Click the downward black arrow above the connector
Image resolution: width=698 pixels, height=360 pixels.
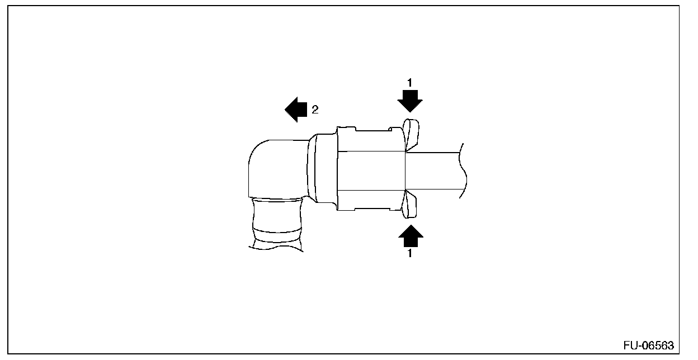click(x=409, y=102)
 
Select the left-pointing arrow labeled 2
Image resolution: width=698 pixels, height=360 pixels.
click(x=296, y=110)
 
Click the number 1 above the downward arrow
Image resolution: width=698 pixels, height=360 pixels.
click(x=409, y=83)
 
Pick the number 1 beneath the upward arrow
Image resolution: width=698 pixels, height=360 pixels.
click(x=411, y=253)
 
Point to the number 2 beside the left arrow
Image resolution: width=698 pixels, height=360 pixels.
click(x=315, y=110)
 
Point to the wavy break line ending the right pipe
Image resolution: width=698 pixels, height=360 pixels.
click(x=463, y=170)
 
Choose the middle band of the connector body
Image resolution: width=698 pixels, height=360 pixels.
click(x=370, y=170)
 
